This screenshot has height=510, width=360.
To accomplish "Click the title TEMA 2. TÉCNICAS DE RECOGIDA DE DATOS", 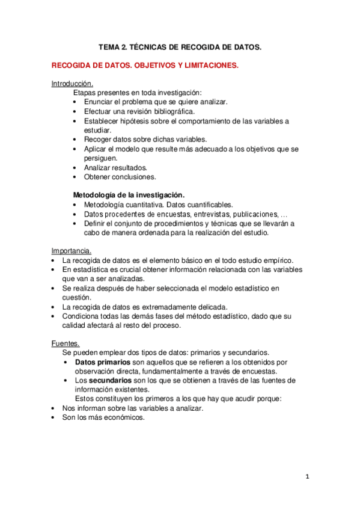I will point(180,46).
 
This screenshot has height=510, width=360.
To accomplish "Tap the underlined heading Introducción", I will point(72,84).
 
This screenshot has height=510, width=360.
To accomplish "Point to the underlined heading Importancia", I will point(72,250).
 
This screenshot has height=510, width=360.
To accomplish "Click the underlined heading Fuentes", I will point(64,343).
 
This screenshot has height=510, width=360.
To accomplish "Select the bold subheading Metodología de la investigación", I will point(129,195).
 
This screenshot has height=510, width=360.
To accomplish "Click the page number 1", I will point(307,476).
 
